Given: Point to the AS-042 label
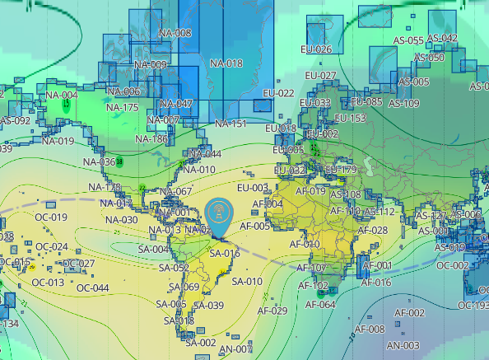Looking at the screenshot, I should pos(441,38).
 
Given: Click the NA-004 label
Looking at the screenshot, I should pos(62,95).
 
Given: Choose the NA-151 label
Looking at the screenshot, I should pos(231,124).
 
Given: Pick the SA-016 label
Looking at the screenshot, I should pos(224,254).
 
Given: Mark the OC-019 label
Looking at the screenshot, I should pos(51,217).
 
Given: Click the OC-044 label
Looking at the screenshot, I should pos(92,288).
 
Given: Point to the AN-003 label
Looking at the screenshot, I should pos(403,345).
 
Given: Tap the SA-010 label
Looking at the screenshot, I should pos(247,281).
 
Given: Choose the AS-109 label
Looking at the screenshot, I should pos(403,103).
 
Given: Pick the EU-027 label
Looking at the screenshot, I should pos(321,76).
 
